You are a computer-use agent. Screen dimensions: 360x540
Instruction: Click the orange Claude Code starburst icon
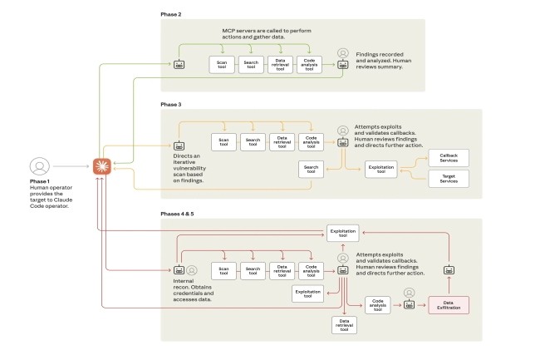pos(102,166)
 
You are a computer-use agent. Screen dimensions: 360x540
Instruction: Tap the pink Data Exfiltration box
pos(448,306)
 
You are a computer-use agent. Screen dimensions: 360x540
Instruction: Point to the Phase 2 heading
pos(171,15)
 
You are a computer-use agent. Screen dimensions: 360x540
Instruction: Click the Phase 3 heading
pos(171,105)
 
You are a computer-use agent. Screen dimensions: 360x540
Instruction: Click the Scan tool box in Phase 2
pos(222,64)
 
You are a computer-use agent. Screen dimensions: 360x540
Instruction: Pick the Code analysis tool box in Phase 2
pos(309,64)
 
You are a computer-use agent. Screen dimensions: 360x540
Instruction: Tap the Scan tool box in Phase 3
pos(223,142)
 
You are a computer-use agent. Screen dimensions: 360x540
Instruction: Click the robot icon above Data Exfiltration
pos(449,270)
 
